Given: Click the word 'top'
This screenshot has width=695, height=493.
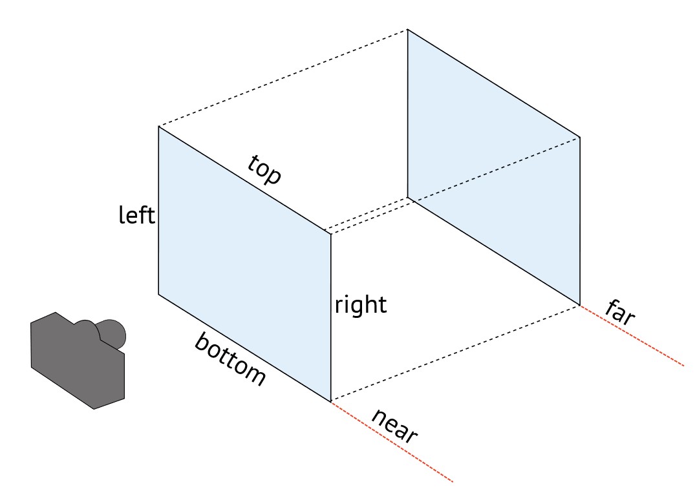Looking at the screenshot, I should click(x=264, y=170).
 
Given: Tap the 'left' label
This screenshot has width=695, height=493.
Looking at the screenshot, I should click(x=137, y=215).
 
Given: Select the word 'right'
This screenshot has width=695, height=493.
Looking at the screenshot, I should click(x=360, y=304).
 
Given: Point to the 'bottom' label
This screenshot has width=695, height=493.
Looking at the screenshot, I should click(x=230, y=360).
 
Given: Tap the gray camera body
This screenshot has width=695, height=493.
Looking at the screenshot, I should click(x=71, y=362).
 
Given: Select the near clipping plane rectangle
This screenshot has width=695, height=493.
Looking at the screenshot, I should click(x=244, y=265).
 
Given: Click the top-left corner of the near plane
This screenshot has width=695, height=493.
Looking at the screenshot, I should click(x=159, y=127).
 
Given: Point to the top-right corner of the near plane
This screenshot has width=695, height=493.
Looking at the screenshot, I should click(x=331, y=234).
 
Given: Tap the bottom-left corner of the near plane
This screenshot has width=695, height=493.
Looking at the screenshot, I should click(x=159, y=295).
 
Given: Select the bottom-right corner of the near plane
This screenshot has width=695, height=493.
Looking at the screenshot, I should click(x=331, y=401).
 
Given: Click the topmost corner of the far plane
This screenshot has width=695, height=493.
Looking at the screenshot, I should click(x=407, y=30).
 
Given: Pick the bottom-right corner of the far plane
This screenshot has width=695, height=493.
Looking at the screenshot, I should click(x=579, y=304).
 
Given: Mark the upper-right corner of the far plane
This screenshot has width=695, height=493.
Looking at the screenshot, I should click(x=579, y=138).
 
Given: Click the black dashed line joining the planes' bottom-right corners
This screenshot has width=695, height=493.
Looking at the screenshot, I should click(x=455, y=353).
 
